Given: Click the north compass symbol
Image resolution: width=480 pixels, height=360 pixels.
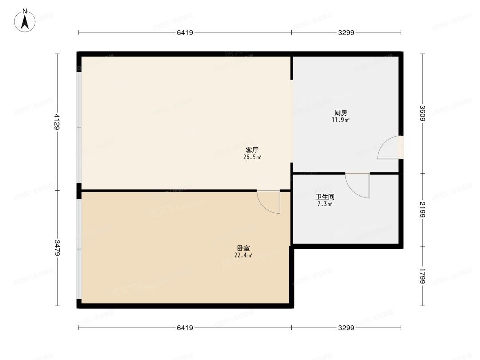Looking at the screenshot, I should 25,21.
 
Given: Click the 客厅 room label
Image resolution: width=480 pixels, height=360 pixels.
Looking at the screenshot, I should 252,150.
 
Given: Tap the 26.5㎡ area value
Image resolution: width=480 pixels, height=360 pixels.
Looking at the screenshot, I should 252,157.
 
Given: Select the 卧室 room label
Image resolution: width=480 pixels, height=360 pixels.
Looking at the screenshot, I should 244,248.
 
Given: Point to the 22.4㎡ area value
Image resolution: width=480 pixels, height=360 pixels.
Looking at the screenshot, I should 243,256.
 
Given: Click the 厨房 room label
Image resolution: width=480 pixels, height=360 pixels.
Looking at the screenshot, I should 341,112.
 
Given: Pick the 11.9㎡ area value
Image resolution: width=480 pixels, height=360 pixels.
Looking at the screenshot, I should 341,120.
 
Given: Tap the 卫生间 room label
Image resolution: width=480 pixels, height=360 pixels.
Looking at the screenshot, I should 325,197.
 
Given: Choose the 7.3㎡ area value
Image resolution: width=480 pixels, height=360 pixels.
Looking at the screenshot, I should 325,204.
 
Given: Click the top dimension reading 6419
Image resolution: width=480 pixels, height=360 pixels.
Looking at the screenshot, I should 185,32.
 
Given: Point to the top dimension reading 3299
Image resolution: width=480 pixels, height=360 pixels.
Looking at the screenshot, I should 346,32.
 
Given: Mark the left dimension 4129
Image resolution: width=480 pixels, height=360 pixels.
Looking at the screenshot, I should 57,121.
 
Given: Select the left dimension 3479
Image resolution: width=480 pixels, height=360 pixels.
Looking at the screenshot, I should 57,248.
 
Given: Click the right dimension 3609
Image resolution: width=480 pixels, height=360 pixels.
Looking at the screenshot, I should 422,113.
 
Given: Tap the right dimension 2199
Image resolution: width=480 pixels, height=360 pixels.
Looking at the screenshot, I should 422,209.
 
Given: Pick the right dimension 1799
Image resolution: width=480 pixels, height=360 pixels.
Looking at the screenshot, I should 422,276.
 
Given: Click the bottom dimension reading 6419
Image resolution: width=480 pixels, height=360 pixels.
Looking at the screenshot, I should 185,328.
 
